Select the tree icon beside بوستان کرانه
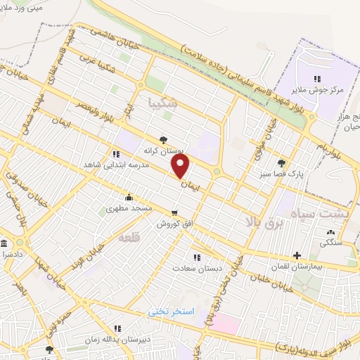point(163,139)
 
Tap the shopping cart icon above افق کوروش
point(174,212)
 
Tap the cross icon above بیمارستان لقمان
point(296,255)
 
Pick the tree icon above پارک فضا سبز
point(282,162)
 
